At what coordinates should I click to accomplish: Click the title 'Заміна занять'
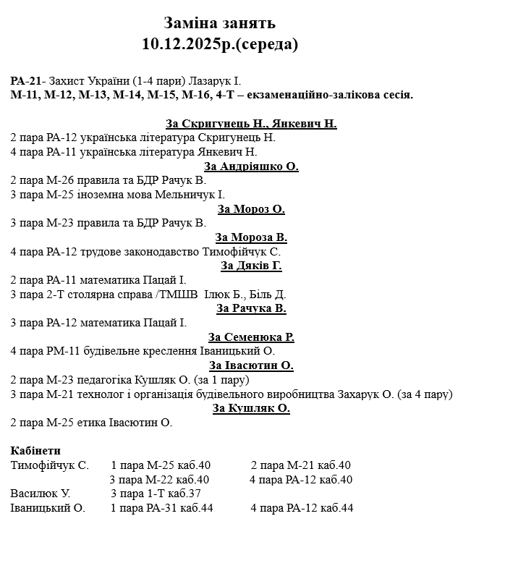point(219,24)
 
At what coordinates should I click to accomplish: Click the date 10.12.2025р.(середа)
point(220,44)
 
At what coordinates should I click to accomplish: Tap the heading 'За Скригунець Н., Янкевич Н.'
point(251,123)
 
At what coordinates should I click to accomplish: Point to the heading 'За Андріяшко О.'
point(251,166)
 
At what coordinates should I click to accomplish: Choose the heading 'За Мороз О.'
point(251,209)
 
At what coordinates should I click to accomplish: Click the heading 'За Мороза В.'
point(251,237)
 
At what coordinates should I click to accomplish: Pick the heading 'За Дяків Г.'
point(251,266)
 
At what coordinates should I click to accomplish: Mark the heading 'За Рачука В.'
point(251,308)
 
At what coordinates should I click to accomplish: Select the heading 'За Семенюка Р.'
point(251,337)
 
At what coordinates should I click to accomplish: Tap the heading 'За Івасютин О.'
point(251,365)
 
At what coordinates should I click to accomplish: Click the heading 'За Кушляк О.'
point(251,408)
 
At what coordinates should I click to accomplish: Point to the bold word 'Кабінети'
point(35,451)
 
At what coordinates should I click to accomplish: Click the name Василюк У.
point(41,494)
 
